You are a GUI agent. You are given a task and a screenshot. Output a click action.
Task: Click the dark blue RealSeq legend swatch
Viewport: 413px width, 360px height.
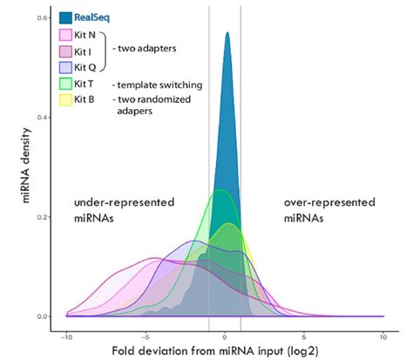(65, 17)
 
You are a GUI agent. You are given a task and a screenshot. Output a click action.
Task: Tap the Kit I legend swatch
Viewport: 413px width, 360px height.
(65, 51)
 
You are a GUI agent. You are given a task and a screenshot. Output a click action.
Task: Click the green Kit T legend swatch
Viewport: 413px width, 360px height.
(65, 84)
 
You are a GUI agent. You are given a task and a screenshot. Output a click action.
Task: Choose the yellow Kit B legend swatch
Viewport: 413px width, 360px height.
(65, 100)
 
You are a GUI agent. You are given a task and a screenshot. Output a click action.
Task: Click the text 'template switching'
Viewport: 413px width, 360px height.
(159, 85)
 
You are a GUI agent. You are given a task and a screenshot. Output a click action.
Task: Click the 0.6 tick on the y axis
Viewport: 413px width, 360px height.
(43, 18)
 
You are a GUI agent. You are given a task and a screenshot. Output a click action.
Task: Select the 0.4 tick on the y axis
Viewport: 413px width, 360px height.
(43, 118)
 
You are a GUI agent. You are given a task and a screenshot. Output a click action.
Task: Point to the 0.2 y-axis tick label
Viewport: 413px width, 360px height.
(43, 217)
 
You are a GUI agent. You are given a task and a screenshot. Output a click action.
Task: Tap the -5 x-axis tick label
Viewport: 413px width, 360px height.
(146, 335)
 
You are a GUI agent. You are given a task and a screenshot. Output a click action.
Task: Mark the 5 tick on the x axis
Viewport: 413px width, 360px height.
(304, 335)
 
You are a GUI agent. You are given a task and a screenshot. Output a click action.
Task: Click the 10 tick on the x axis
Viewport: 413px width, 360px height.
(383, 335)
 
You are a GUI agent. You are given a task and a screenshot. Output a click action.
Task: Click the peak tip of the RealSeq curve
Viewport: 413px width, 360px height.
(227, 34)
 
